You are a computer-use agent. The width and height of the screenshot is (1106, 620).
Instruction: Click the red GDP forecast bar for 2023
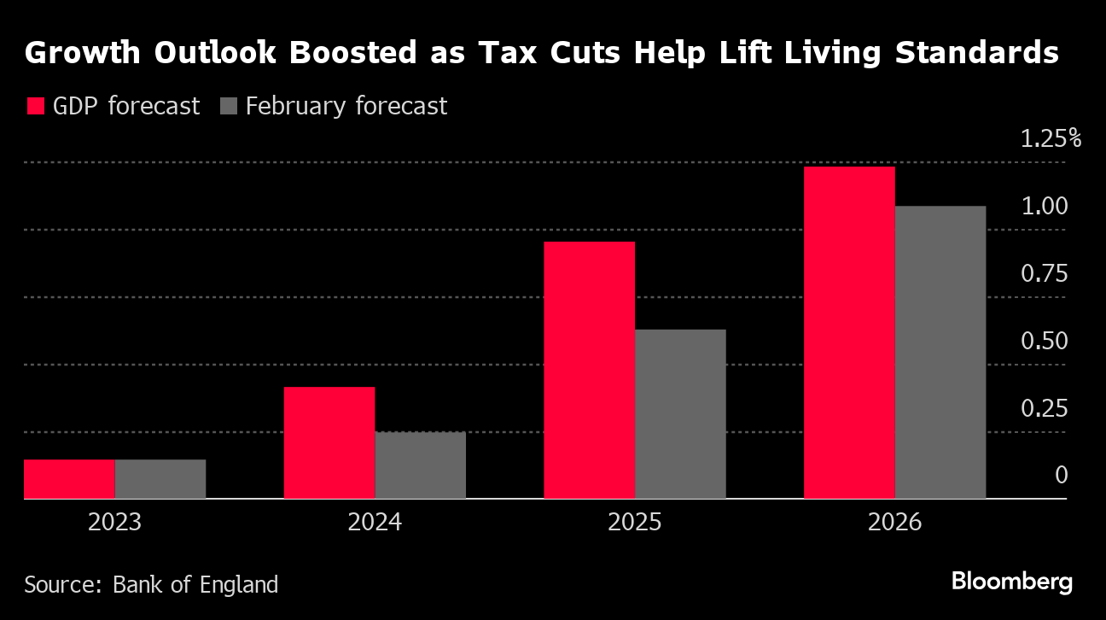pos(69,479)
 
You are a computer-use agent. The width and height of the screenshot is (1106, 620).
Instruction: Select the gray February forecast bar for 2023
pos(160,479)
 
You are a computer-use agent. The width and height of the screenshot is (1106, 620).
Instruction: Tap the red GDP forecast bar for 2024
pos(329,442)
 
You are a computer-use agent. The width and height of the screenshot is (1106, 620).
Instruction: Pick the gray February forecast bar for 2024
pos(421,465)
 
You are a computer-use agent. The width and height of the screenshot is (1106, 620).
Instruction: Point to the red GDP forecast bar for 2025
pos(590,370)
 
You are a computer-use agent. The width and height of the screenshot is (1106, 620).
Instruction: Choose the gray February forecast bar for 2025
pos(680,414)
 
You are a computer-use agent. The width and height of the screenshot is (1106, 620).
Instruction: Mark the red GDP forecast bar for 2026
pos(849,332)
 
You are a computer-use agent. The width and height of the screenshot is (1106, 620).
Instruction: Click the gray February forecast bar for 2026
pos(940,352)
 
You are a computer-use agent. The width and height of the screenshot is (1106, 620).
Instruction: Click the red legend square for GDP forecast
pos(35,107)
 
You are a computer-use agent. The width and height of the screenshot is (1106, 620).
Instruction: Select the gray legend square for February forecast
pos(228,107)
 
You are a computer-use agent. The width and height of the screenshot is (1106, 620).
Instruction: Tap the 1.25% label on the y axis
pos(1051,138)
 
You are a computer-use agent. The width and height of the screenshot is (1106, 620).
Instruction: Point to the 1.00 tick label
pos(1044,206)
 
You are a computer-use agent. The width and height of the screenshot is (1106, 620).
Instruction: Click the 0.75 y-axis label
pos(1044,273)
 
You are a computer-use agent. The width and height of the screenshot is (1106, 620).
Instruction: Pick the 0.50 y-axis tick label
pos(1044,341)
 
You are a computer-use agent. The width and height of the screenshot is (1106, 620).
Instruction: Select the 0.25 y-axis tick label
pos(1044,408)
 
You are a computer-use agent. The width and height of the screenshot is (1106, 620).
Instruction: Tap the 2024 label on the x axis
pos(375,523)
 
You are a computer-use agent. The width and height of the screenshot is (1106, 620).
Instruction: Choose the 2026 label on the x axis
pos(894,523)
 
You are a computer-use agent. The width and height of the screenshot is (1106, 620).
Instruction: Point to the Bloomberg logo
pos(1012,582)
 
